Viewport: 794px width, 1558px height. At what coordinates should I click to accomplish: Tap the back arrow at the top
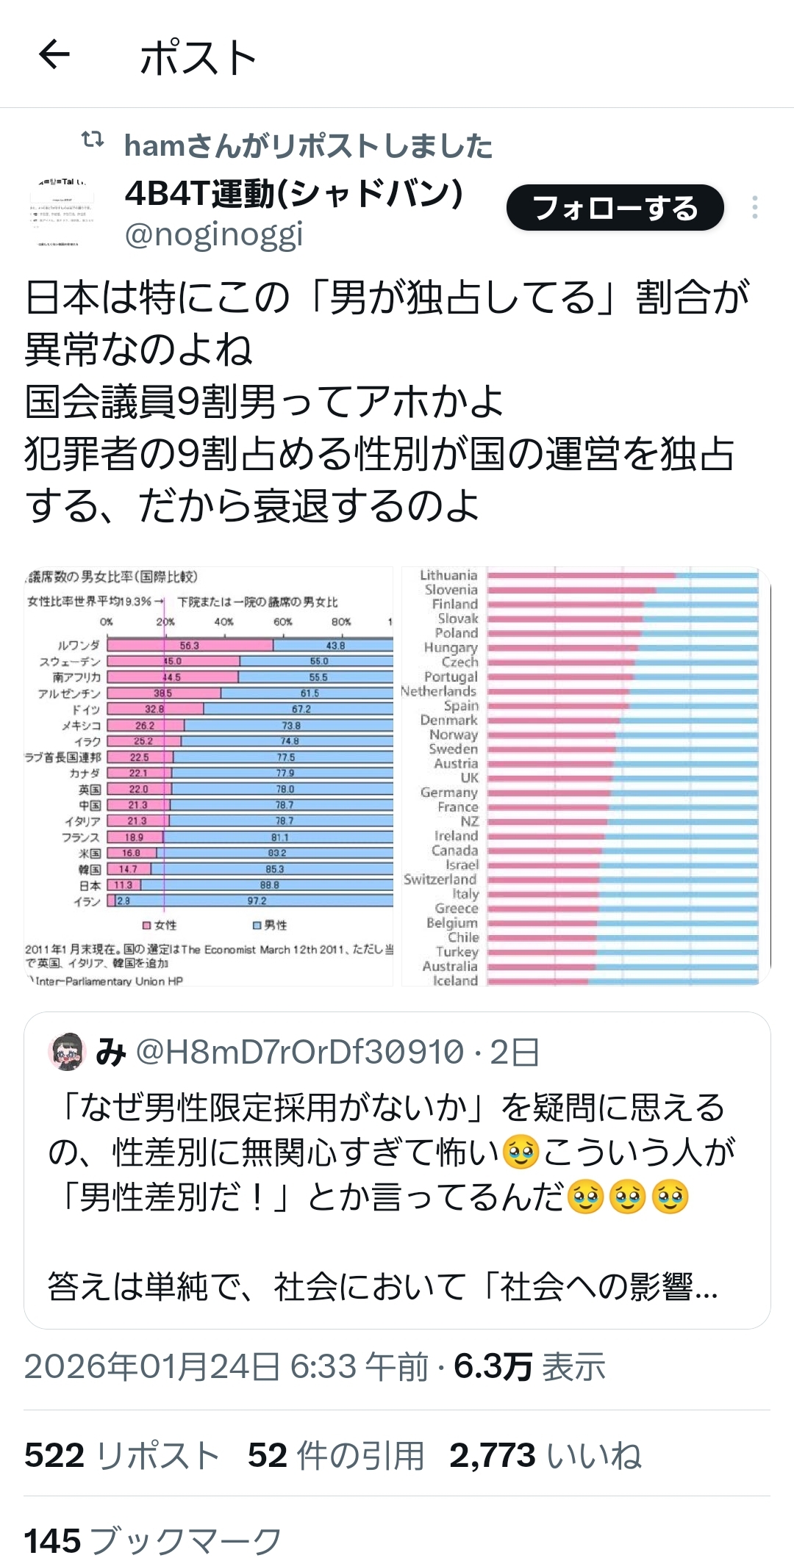[54, 54]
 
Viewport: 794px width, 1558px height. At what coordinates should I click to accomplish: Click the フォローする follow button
[615, 208]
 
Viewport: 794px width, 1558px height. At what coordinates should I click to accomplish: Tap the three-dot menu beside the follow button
[754, 208]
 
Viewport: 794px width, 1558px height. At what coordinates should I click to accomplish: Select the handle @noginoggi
[214, 235]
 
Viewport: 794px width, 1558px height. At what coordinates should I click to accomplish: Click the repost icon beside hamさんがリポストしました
[93, 139]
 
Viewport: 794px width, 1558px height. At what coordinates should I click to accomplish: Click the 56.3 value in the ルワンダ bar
[190, 646]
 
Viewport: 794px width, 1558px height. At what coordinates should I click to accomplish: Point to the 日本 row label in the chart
[90, 886]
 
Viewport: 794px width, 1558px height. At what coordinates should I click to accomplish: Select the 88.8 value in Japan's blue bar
[269, 885]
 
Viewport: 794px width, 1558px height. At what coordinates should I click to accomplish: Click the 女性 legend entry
[160, 926]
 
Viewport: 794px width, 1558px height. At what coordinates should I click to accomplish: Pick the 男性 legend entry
[271, 926]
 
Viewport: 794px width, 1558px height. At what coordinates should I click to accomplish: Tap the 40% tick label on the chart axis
[223, 621]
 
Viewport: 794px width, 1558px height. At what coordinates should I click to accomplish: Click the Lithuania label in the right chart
[448, 575]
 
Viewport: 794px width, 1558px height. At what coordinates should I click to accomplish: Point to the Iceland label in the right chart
[455, 981]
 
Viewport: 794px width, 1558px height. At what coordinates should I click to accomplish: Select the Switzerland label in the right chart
[440, 879]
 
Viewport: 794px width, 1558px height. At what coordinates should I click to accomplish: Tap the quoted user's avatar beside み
[67, 1051]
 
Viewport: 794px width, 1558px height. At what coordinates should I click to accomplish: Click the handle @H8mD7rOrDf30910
[300, 1052]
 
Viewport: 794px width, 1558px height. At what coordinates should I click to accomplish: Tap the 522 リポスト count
[122, 1455]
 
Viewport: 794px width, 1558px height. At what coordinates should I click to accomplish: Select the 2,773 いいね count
[545, 1455]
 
